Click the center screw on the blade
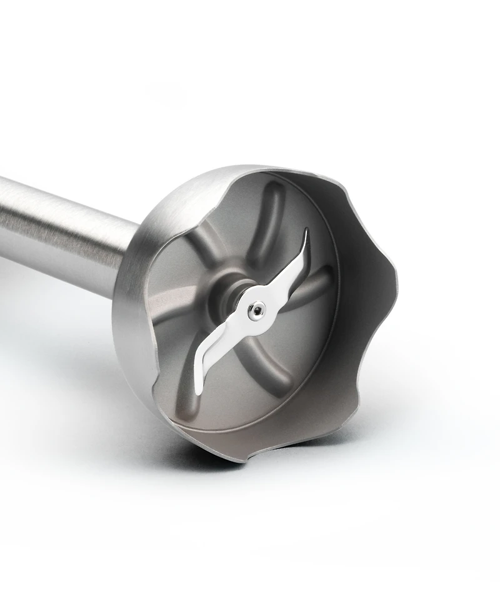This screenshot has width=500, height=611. [x=256, y=310]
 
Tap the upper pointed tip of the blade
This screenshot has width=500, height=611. [x=306, y=232]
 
